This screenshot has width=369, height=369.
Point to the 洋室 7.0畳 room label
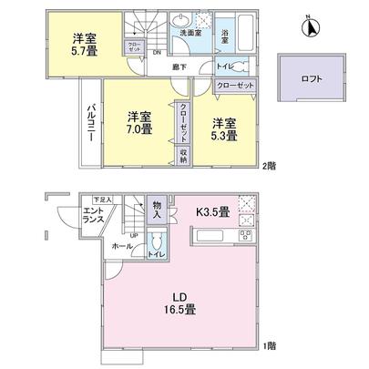pyautogui.click(x=139, y=122)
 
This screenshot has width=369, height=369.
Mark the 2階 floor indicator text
pyautogui.click(x=269, y=166)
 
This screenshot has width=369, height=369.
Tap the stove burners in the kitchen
pyautogui.click(x=245, y=240)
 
